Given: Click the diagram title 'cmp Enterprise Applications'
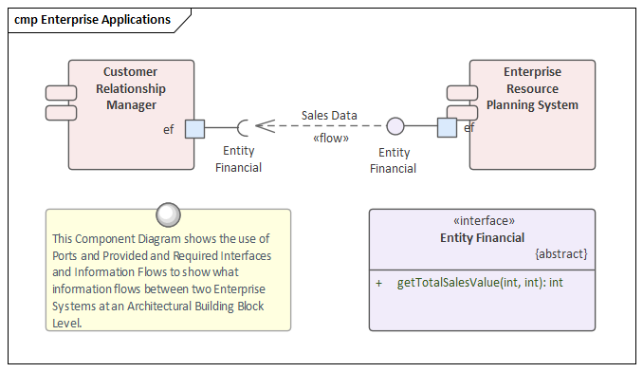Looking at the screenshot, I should pos(93,19).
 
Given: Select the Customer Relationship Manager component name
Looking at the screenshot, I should pos(130,88).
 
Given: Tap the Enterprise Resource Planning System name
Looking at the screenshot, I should pos(532,88).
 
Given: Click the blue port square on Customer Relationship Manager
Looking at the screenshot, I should pos(194,127).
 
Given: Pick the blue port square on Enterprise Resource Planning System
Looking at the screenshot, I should pos(447,127).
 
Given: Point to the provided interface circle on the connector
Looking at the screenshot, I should pos(395,127).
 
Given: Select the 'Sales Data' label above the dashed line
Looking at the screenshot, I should pos(329,116).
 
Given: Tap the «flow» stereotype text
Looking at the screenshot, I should pos(330,139).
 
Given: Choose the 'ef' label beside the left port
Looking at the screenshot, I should pos(169,128).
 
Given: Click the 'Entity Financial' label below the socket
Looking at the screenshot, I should pos(238,159).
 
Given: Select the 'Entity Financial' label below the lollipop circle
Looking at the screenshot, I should pos(394,160).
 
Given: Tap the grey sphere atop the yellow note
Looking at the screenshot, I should pos(168,214).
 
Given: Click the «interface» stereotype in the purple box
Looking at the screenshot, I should pos(482,221).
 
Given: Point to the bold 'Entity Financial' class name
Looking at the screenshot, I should pos(482,237).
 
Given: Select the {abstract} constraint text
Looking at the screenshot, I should pos(561,254).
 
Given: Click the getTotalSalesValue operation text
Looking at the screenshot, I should pos(480,283).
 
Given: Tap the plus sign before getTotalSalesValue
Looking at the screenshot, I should pos(379,283).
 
